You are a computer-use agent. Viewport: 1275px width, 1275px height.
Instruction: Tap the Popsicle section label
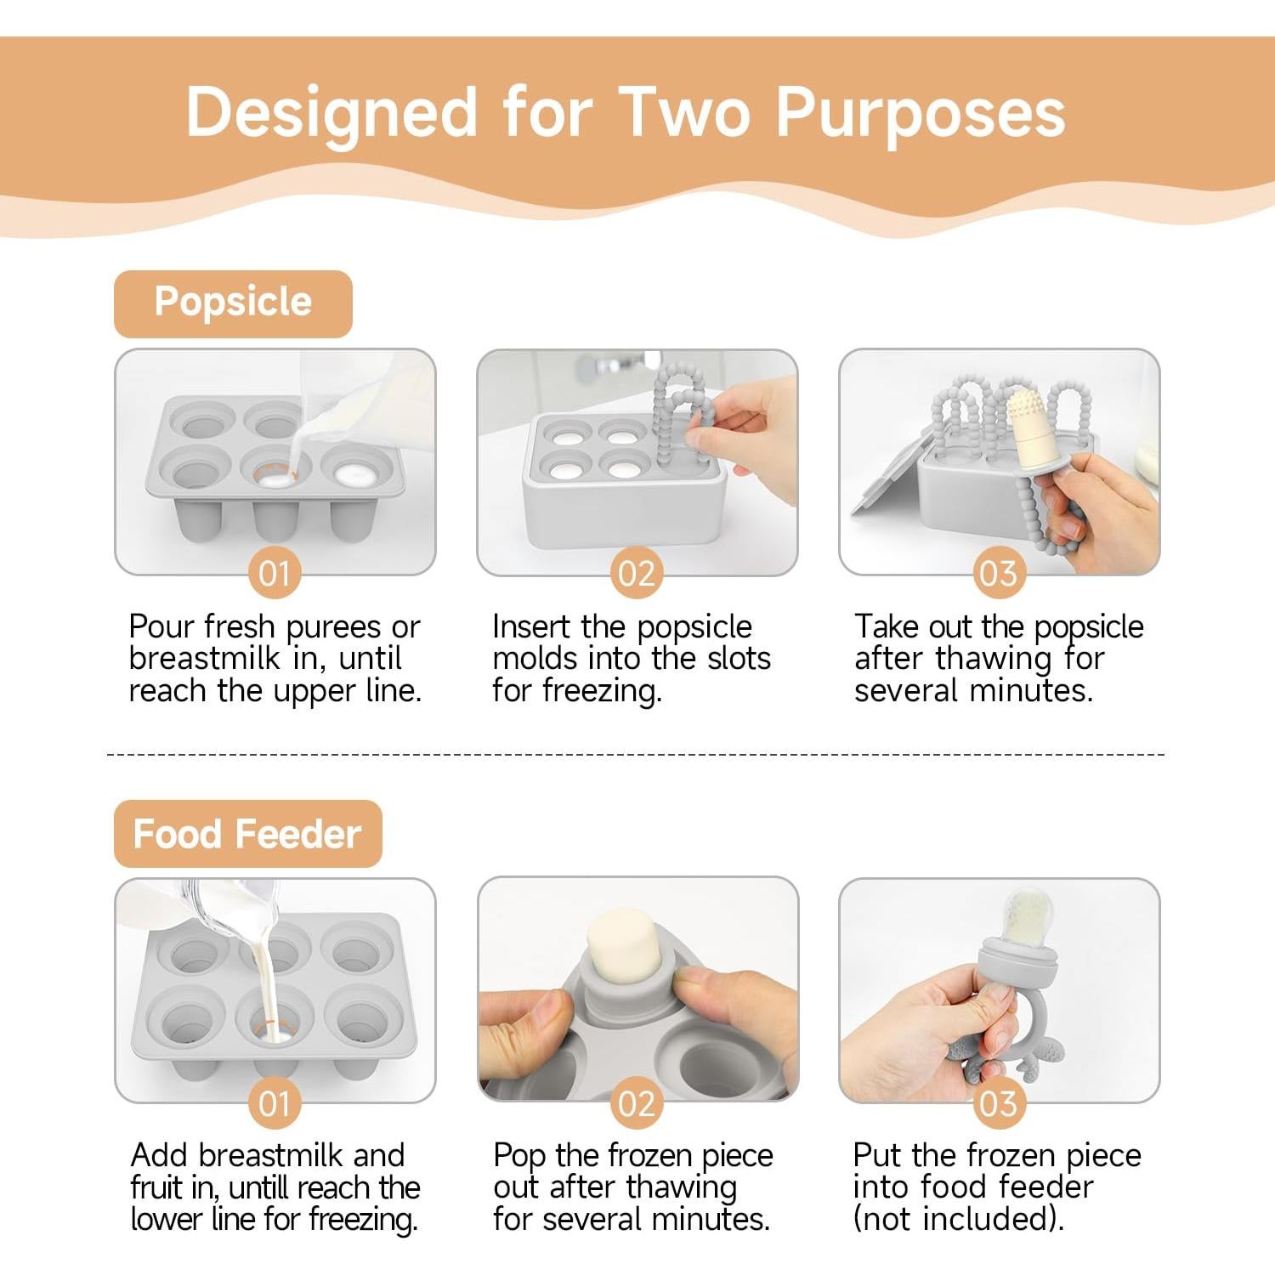point(233,303)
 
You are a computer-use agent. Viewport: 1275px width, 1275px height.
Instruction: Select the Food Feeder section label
point(247,834)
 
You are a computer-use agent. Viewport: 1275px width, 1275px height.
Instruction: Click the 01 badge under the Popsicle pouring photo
point(275,574)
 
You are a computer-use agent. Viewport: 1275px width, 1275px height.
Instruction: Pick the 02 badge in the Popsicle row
point(637,574)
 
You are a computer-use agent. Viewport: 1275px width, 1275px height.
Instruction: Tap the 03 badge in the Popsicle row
point(999,574)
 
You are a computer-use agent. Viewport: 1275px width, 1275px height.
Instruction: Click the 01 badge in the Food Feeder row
point(275,1103)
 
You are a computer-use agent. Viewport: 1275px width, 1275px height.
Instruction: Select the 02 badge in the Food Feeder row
point(637,1103)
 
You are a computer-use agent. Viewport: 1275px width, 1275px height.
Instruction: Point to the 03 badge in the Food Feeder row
point(999,1103)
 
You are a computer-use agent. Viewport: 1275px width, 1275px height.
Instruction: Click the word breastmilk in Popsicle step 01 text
point(205,659)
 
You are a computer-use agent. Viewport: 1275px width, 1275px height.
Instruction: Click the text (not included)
point(958,1219)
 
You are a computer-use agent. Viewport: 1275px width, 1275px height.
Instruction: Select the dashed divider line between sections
point(636,754)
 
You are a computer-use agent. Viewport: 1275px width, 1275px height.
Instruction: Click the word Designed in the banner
point(331,113)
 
